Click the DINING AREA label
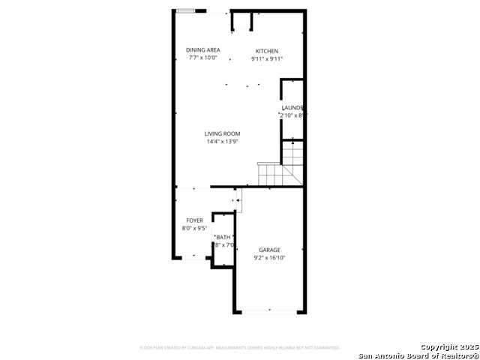point(203,50)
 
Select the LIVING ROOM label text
point(223,133)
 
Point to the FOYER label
point(194,220)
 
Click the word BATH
point(224,238)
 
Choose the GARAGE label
point(269,250)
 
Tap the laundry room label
point(292,108)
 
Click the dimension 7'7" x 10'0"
point(203,58)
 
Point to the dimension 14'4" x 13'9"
point(223,142)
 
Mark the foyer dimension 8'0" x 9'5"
point(194,228)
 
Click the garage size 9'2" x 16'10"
point(269,257)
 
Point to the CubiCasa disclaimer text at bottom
point(239,348)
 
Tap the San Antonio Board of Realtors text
point(418,355)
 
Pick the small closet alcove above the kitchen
point(241,21)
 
